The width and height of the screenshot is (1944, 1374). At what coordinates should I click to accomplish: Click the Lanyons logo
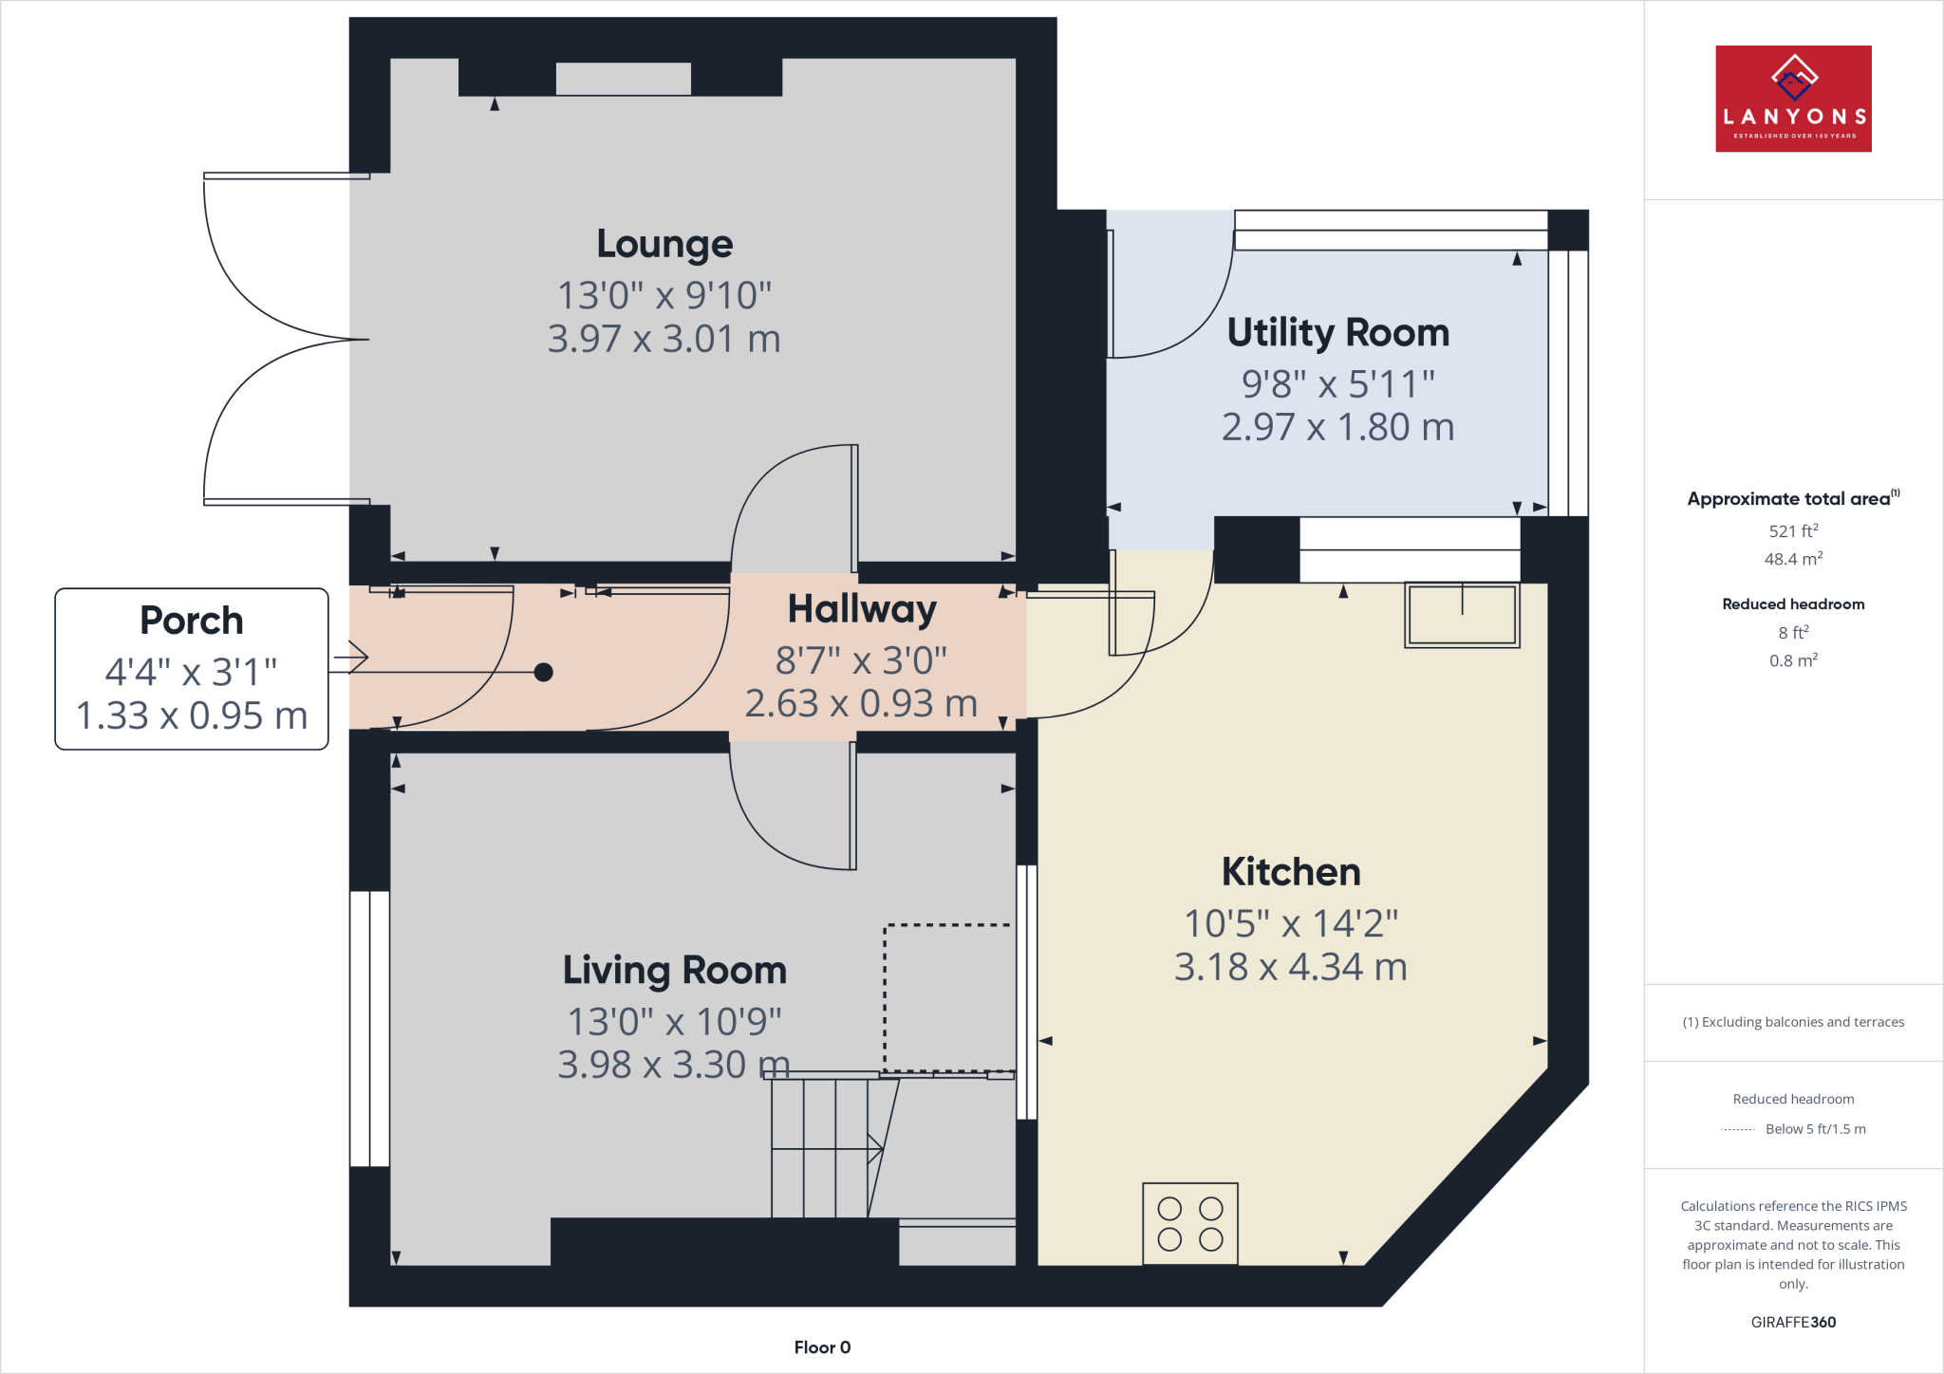(1792, 99)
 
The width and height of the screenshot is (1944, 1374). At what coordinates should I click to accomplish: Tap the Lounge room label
(664, 244)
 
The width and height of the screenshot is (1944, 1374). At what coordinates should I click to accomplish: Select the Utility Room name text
(1337, 333)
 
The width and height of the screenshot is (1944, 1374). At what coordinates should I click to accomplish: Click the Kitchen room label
(1290, 872)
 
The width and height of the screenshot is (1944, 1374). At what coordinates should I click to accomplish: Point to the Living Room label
(674, 971)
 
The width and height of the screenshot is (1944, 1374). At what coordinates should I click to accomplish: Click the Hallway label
(861, 609)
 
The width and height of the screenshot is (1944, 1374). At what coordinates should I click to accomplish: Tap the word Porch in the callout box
(192, 621)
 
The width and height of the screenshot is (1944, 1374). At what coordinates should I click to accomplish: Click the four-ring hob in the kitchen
(1189, 1223)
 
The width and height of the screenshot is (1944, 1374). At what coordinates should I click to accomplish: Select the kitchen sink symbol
(1462, 615)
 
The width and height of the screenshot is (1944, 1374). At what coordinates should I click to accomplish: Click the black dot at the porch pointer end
(543, 673)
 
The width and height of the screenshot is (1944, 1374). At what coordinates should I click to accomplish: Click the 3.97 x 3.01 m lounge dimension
(664, 339)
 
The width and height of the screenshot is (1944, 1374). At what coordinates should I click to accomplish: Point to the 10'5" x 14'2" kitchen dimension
(1290, 923)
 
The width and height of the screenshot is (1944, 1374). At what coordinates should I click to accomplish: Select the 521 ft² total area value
(1792, 531)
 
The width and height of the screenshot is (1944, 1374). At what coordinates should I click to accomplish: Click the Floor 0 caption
(822, 1347)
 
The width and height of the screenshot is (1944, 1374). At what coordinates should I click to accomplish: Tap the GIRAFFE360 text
(1792, 1322)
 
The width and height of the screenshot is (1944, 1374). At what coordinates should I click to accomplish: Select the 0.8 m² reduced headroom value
(1792, 660)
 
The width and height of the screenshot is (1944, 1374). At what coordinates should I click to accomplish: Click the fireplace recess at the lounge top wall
(623, 79)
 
